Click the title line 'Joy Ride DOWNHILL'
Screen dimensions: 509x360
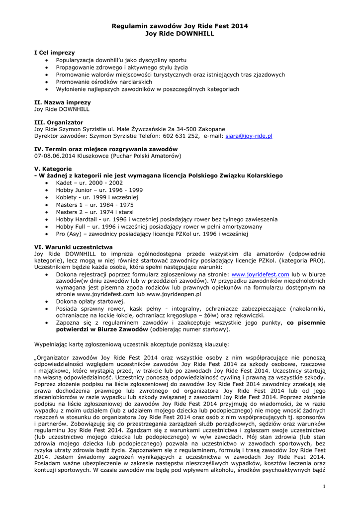(x=180, y=33)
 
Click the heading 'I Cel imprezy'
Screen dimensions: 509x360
(x=54, y=52)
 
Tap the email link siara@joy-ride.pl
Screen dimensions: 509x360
(x=249, y=136)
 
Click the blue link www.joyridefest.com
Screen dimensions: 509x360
(x=261, y=274)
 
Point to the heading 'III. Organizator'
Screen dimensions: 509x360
(x=58, y=122)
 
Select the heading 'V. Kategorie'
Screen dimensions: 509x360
(x=53, y=169)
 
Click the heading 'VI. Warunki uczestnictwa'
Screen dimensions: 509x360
(x=73, y=247)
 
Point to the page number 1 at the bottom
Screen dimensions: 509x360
(x=324, y=486)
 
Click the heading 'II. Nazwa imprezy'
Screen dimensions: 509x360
(x=62, y=102)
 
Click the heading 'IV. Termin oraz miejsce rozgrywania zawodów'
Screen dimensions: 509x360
(x=105, y=149)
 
